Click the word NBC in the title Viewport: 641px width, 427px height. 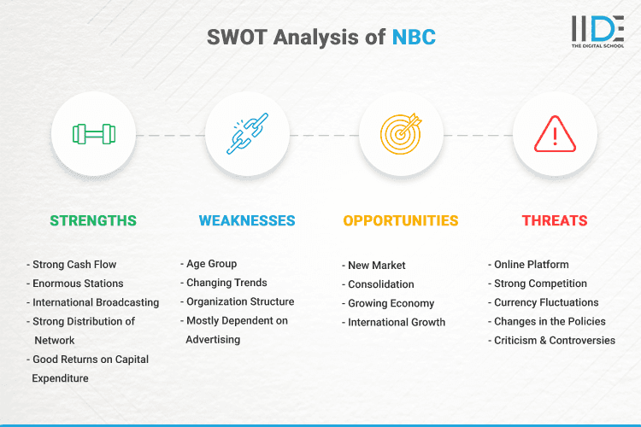tap(413, 38)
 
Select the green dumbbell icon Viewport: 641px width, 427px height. tap(93, 134)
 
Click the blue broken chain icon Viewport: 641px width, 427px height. tap(247, 134)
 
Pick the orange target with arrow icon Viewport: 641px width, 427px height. tap(401, 134)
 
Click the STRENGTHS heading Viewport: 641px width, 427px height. tap(93, 221)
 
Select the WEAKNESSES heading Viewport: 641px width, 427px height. tap(247, 221)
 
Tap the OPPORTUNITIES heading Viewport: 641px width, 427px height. tap(401, 221)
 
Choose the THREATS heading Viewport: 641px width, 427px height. tap(555, 221)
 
